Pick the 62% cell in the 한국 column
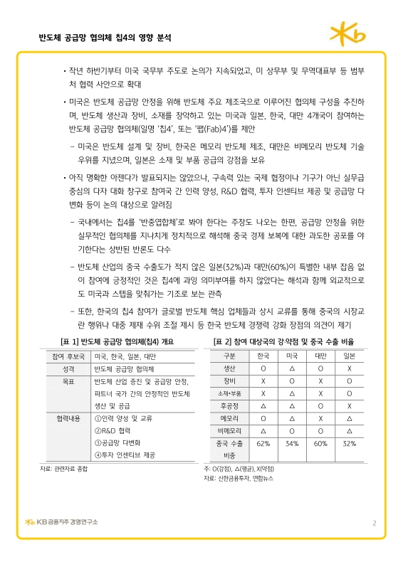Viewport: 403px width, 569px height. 263,444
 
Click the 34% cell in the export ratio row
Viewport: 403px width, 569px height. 291,444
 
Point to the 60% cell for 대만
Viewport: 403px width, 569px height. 320,444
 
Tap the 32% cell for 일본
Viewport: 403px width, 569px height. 349,444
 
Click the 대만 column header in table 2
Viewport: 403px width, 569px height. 320,356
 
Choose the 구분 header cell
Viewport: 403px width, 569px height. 230,356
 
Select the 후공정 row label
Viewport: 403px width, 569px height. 230,405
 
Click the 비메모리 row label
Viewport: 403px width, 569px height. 230,431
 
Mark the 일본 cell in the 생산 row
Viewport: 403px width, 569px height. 349,368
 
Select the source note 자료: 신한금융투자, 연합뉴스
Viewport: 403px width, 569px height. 239,478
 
